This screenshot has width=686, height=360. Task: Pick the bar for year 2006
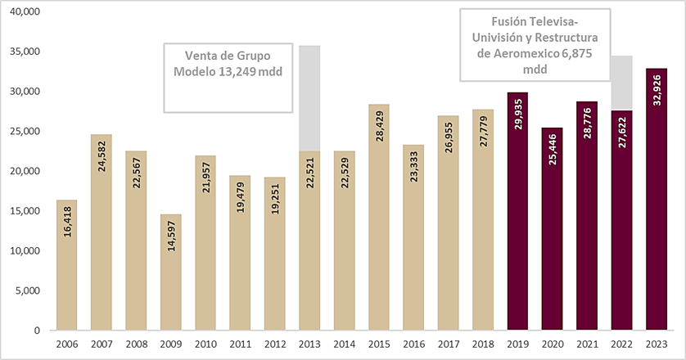click(x=66, y=265)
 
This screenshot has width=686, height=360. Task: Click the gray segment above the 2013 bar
click(x=309, y=98)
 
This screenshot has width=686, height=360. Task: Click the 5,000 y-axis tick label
click(x=32, y=290)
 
